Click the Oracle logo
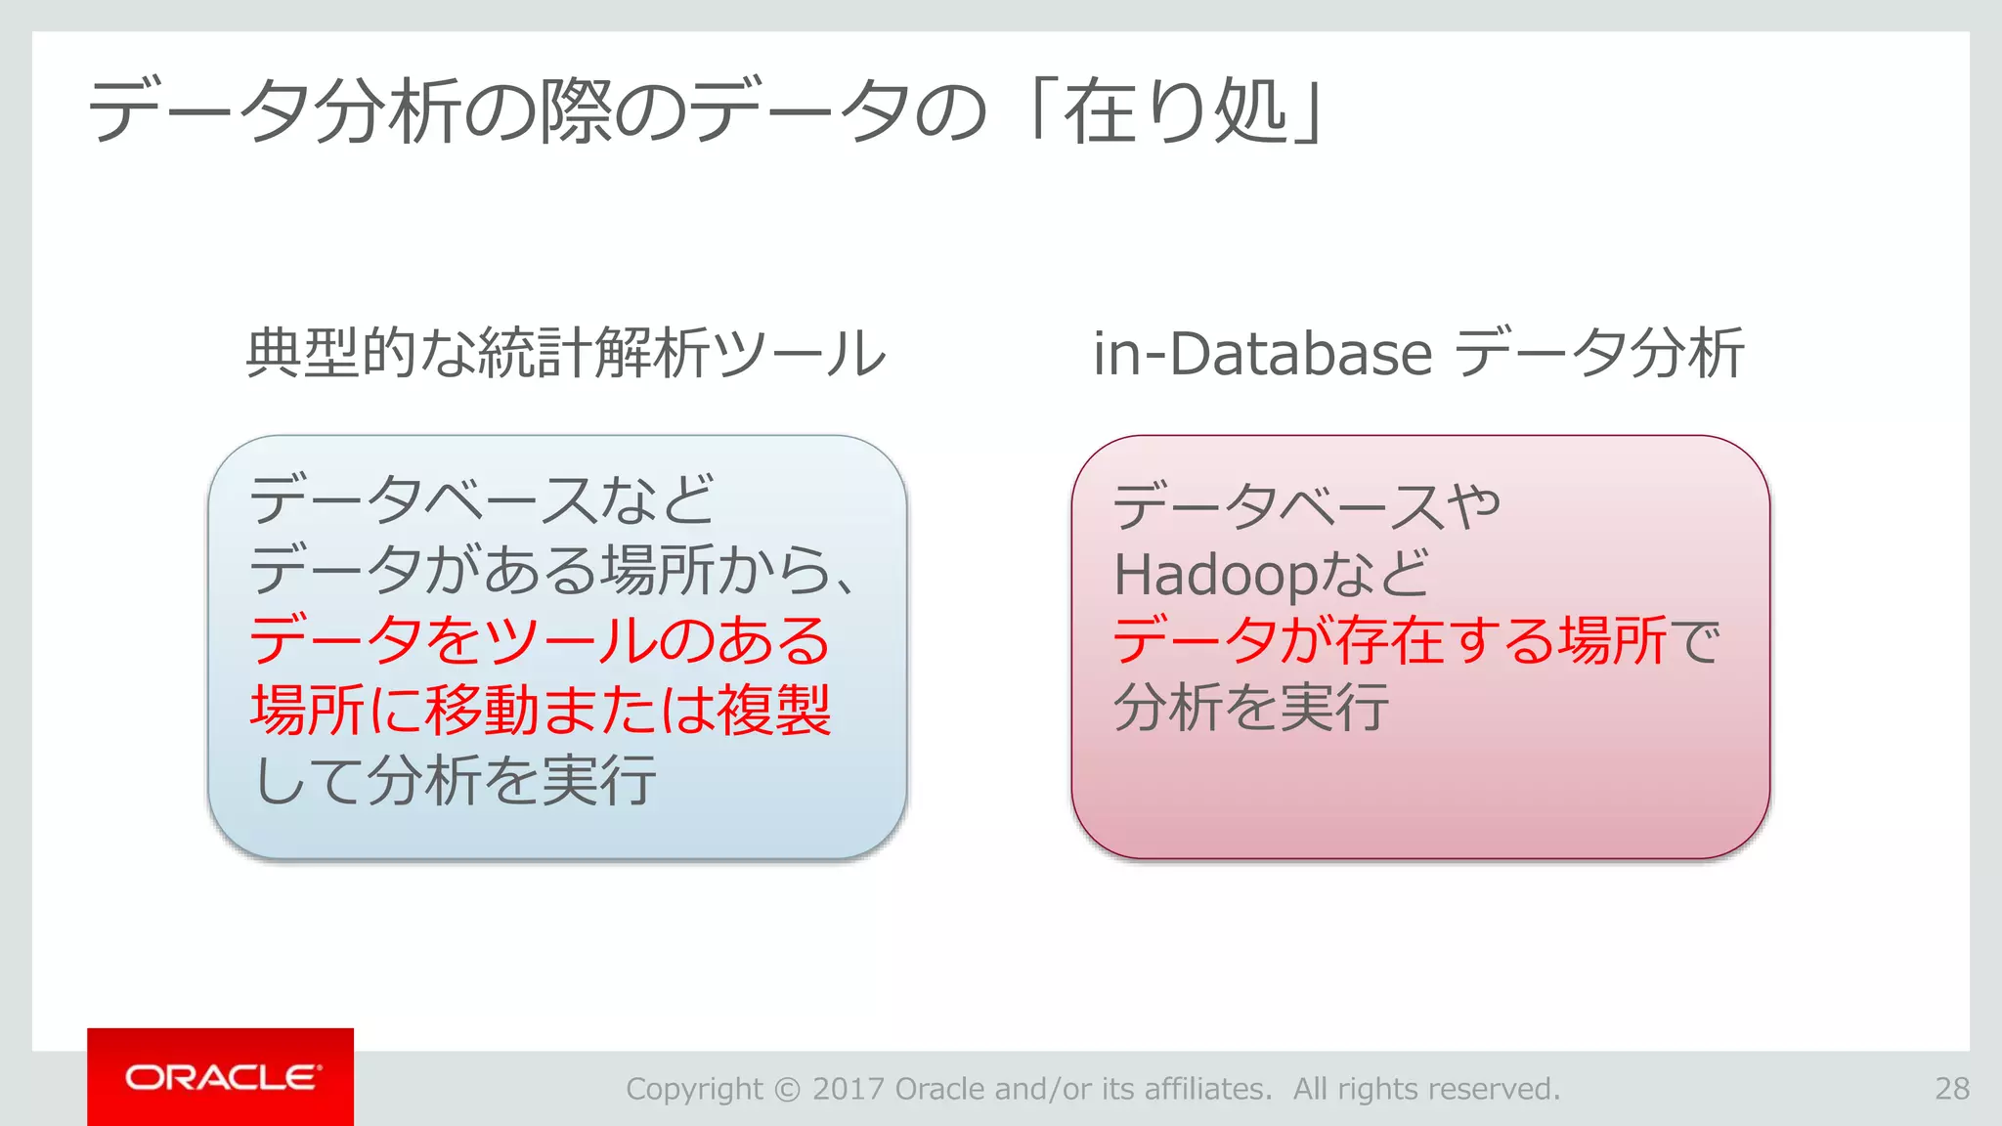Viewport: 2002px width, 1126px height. [221, 1077]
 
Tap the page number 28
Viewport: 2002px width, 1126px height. [1951, 1089]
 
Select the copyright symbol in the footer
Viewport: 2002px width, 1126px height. [787, 1089]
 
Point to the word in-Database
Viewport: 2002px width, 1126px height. [1262, 354]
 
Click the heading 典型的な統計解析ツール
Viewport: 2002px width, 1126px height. [565, 354]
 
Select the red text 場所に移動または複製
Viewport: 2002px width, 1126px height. [541, 710]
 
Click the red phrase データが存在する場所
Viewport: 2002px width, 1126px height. [1388, 641]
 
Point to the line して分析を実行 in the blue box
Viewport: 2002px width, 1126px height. [455, 780]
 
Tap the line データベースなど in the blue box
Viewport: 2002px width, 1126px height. [482, 500]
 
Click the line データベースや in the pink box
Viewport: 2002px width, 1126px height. [1306, 506]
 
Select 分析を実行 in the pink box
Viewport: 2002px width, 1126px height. [1251, 708]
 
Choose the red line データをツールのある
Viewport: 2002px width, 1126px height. [540, 641]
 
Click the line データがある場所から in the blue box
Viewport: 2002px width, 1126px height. [552, 571]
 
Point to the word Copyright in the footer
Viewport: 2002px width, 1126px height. [694, 1089]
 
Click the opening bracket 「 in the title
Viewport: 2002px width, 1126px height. [1036, 109]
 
